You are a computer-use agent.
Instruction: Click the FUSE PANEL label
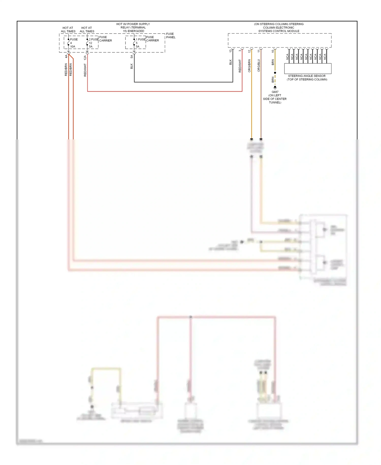pyautogui.click(x=170, y=35)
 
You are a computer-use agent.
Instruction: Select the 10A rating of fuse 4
pyautogui.click(x=73, y=47)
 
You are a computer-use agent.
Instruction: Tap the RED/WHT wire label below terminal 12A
pyautogui.click(x=85, y=70)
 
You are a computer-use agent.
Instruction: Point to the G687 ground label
pyautogui.click(x=275, y=92)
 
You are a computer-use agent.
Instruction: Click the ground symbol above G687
pyautogui.click(x=275, y=88)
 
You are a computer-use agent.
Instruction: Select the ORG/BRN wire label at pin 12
pyautogui.click(x=249, y=66)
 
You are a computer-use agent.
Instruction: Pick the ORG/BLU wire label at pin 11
pyautogui.click(x=259, y=66)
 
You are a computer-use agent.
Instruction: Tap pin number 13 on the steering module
pyautogui.click(x=230, y=51)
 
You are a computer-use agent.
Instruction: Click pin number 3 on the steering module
pyautogui.click(x=240, y=51)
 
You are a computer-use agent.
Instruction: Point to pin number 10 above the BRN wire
pyautogui.click(x=273, y=51)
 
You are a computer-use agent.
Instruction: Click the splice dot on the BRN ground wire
pyautogui.click(x=275, y=73)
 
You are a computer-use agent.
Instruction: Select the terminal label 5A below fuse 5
pyautogui.click(x=132, y=56)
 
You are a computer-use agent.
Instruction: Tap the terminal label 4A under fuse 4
pyautogui.click(x=66, y=56)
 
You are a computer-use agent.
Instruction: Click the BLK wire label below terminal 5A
pyautogui.click(x=132, y=66)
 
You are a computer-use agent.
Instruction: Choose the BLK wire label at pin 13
pyautogui.click(x=230, y=62)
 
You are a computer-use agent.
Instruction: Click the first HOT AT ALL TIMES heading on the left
pyautogui.click(x=68, y=30)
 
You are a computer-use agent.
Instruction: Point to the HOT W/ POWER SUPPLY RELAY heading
pyautogui.click(x=133, y=27)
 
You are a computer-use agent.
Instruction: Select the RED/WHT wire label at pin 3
pyautogui.click(x=240, y=66)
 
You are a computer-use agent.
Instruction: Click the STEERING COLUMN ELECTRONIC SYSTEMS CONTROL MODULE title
pyautogui.click(x=279, y=27)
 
